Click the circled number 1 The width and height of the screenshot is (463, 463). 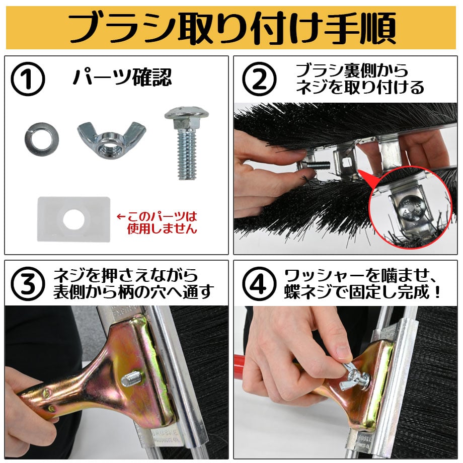pyautogui.click(x=28, y=79)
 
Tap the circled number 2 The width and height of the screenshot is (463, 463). pyautogui.click(x=259, y=79)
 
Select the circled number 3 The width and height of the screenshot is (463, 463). pyautogui.click(x=28, y=284)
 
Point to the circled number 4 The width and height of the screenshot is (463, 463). pyautogui.click(x=259, y=284)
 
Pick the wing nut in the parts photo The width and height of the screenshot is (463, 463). pyautogui.click(x=111, y=139)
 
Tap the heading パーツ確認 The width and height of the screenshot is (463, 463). pyautogui.click(x=122, y=78)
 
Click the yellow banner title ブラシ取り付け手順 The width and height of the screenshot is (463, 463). pyautogui.click(x=232, y=28)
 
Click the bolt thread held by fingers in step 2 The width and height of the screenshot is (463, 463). pyautogui.click(x=317, y=166)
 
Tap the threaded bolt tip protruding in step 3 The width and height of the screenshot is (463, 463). pyautogui.click(x=132, y=379)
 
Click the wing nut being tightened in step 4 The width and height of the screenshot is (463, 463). pyautogui.click(x=354, y=377)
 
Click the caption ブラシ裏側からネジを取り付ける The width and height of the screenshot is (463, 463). pyautogui.click(x=360, y=79)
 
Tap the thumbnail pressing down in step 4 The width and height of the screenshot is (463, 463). pyautogui.click(x=343, y=351)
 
